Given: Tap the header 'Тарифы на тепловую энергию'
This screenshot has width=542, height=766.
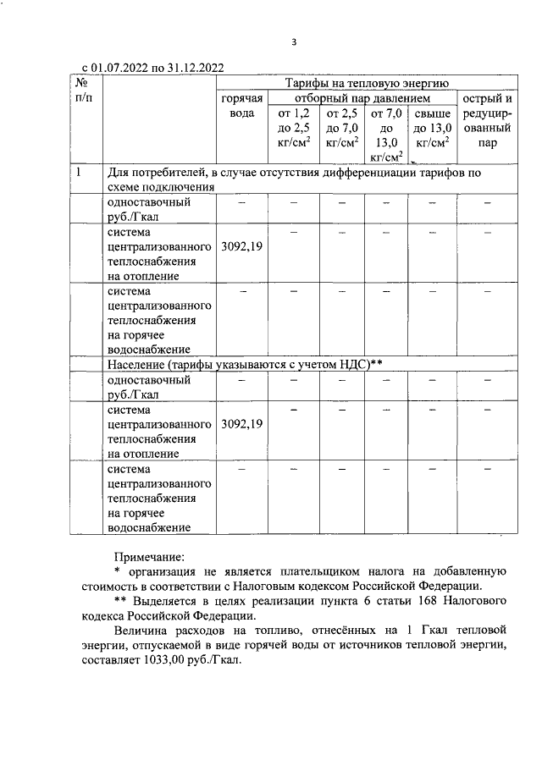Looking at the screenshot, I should click(x=365, y=84).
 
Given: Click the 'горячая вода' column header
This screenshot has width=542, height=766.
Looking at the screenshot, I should click(x=242, y=107).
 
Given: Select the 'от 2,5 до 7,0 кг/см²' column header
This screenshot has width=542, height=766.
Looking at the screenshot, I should click(x=343, y=128).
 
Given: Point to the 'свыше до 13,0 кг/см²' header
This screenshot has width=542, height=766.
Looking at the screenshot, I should click(x=433, y=128).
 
